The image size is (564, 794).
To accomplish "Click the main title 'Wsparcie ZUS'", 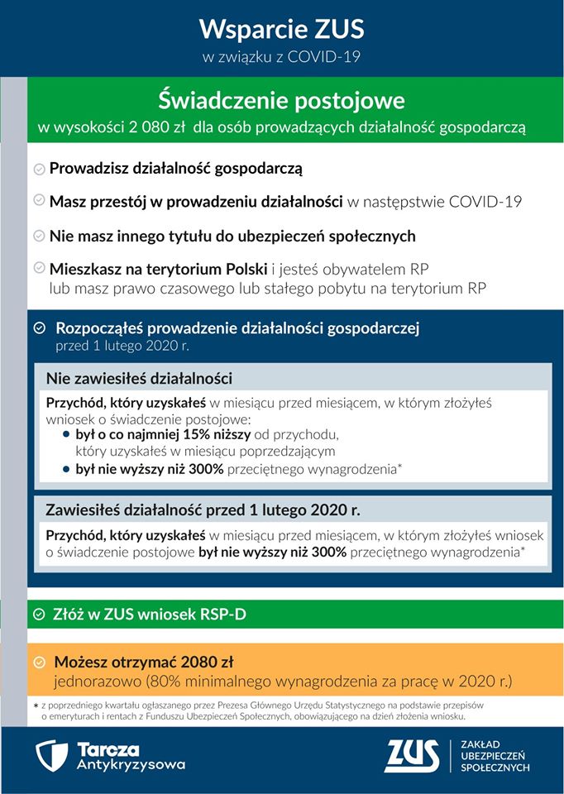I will [x=281, y=31].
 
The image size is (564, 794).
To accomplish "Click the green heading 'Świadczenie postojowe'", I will [x=281, y=101].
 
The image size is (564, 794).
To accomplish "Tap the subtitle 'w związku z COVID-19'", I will [x=281, y=57].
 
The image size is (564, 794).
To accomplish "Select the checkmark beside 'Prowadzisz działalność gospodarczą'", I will [x=39, y=170].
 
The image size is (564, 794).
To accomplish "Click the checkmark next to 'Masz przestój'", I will [x=39, y=201].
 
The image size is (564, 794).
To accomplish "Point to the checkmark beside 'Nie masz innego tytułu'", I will [x=39, y=237].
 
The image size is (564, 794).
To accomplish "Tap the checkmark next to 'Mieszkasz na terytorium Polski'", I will [x=39, y=270].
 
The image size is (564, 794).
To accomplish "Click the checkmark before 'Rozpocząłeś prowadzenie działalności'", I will [x=40, y=328].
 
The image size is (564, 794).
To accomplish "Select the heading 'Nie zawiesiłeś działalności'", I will [x=139, y=379].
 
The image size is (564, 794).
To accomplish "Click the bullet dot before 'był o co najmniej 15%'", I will [x=67, y=433].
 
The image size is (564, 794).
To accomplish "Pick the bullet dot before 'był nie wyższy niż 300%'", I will [x=67, y=469].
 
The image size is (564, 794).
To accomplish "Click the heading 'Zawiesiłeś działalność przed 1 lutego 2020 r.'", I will [x=203, y=509].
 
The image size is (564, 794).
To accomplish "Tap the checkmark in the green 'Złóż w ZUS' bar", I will [x=40, y=615].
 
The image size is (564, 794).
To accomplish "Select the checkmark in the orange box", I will [x=40, y=662].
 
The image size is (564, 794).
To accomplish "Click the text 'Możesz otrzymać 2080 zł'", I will [x=144, y=662].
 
